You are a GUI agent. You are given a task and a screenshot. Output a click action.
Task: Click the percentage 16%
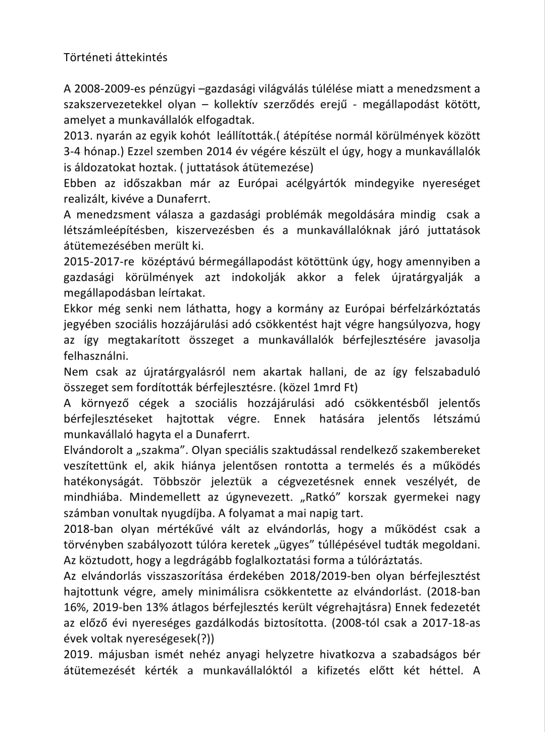(74, 607)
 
